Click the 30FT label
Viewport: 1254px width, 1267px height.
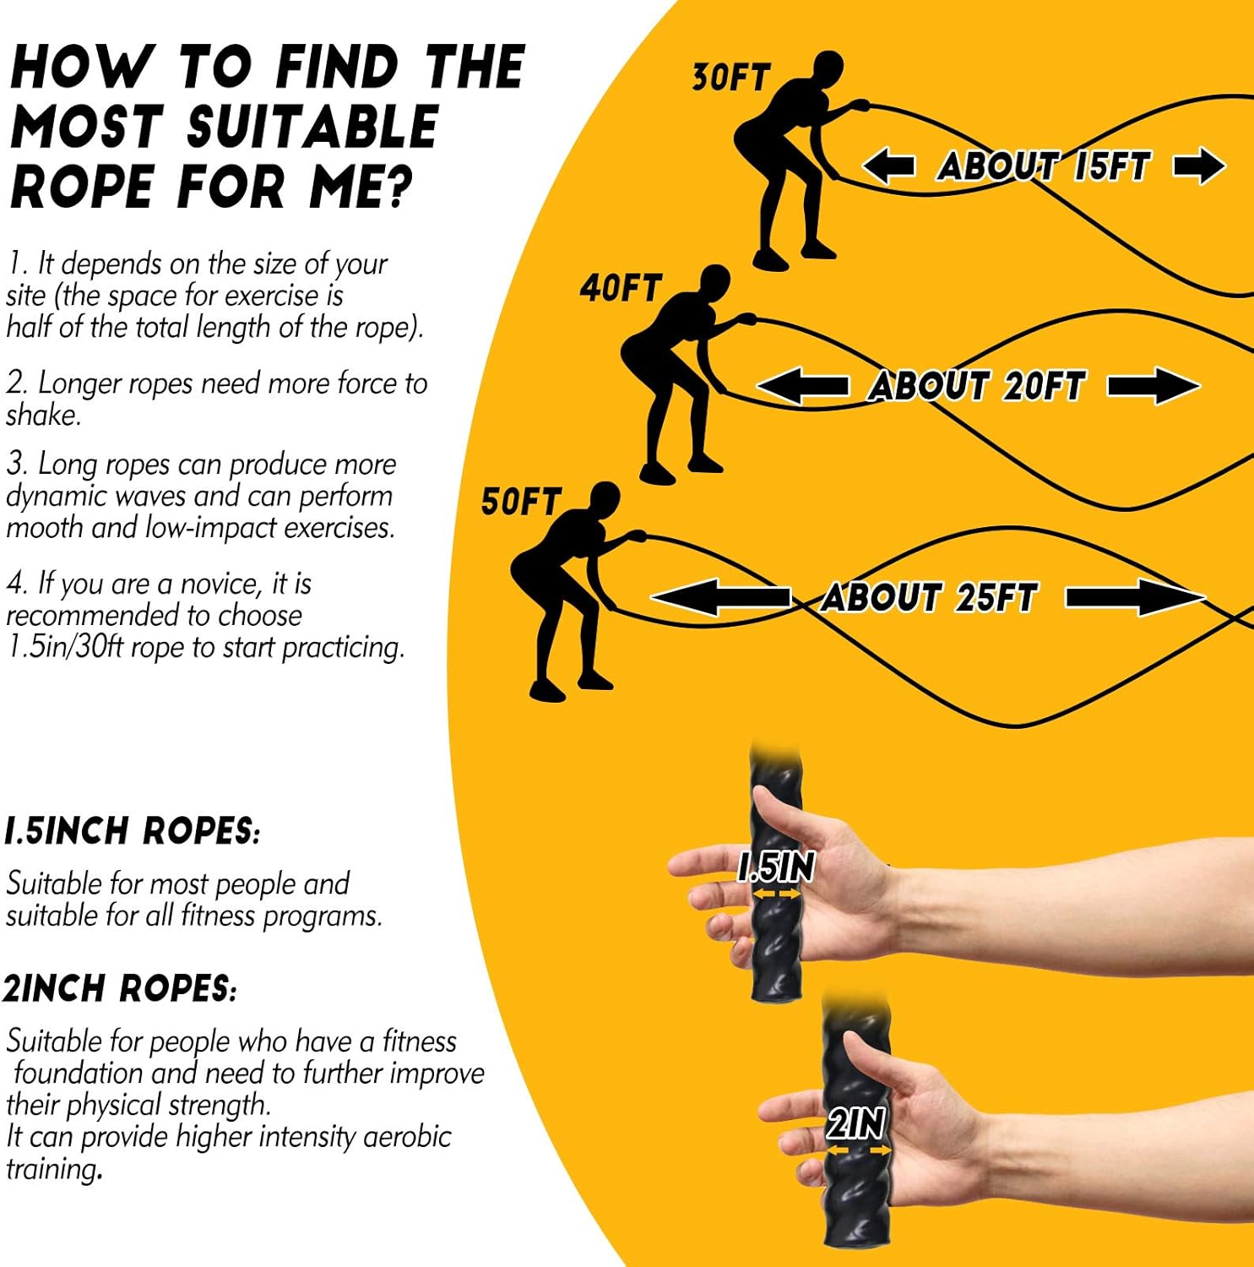[730, 78]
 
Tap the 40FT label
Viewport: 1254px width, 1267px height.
[619, 289]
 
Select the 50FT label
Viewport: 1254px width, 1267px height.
[520, 502]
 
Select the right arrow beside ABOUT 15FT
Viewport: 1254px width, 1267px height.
[1199, 166]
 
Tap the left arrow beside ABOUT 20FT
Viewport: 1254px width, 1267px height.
[801, 387]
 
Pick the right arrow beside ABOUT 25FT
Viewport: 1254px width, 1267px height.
[1136, 598]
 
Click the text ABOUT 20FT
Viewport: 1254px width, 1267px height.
[976, 387]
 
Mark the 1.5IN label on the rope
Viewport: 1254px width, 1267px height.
[776, 867]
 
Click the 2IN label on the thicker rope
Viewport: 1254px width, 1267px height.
[855, 1123]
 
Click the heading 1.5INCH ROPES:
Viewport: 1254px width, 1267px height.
[133, 831]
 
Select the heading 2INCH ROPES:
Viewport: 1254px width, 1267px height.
[119, 988]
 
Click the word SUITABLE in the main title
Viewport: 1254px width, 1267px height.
[312, 127]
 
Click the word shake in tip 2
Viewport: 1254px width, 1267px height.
[42, 415]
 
